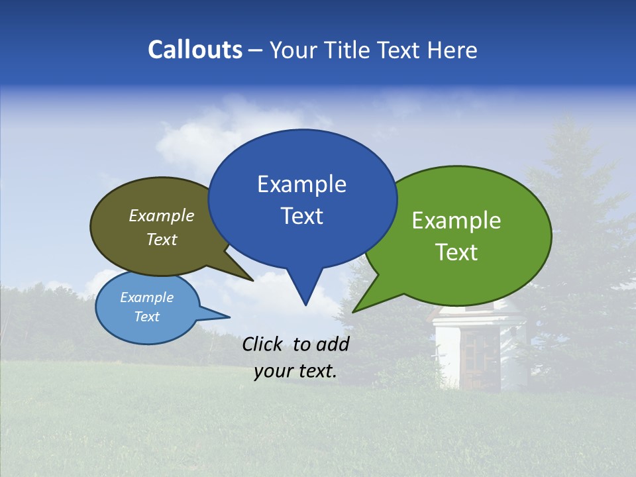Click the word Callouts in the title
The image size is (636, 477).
[x=195, y=50]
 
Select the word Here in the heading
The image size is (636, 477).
[x=452, y=50]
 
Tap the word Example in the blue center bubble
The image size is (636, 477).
[x=301, y=184]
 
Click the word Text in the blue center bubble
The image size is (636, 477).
[x=301, y=216]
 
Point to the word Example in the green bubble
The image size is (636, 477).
[x=456, y=221]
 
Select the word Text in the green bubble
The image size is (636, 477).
[x=456, y=252]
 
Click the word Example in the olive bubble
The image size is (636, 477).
[x=162, y=216]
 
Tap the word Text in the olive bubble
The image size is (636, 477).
[x=162, y=240]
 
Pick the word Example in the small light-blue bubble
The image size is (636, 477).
[x=146, y=297]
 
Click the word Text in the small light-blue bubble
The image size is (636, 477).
[x=146, y=317]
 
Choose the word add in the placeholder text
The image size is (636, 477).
[x=333, y=344]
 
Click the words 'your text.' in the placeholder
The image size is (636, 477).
[x=295, y=371]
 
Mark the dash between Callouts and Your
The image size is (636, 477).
[x=256, y=51]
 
